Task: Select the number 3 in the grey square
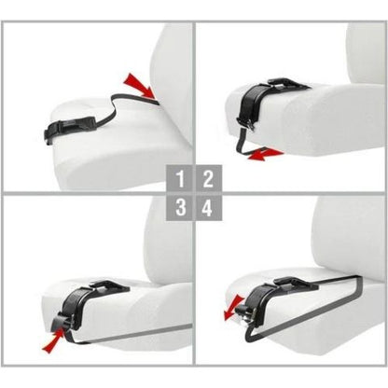coord(180,206)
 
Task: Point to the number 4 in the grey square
coord(206,206)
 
